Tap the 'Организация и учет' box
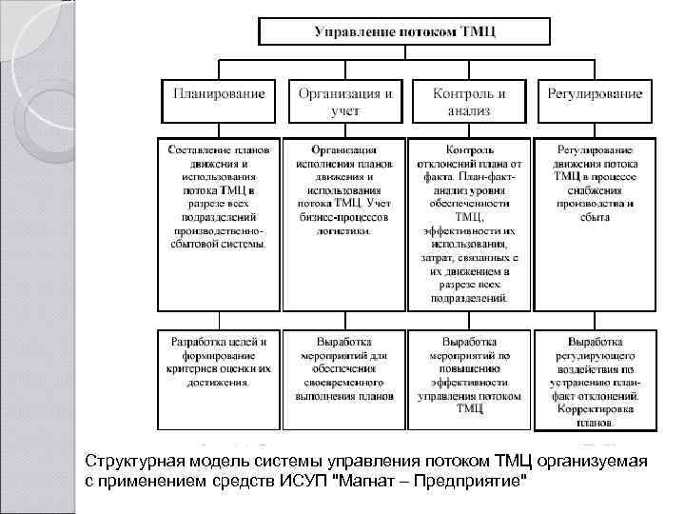click(345, 102)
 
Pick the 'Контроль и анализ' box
click(468, 102)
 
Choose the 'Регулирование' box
click(596, 102)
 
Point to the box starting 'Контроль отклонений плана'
click(469, 225)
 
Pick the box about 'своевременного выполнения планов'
click(345, 375)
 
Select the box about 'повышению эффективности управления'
click(469, 375)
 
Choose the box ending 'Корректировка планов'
click(596, 375)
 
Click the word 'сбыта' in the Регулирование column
click(596, 216)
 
